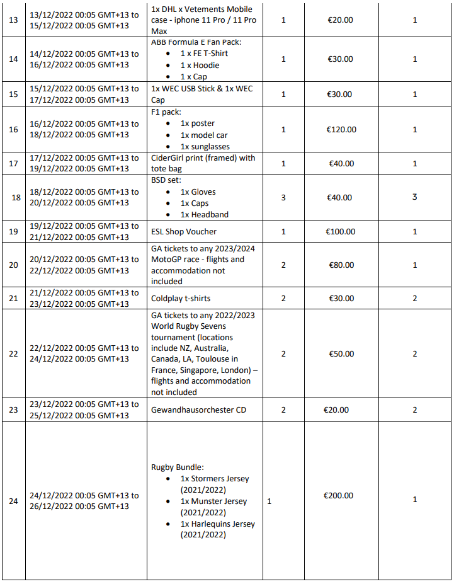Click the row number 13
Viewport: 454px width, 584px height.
tap(13, 20)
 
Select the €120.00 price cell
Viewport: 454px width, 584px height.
tap(341, 129)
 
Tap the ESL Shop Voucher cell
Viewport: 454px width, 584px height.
tap(184, 232)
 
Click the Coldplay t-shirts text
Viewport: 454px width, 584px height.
tap(183, 299)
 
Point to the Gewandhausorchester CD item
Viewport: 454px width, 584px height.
tap(198, 410)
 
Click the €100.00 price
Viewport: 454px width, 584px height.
tap(341, 232)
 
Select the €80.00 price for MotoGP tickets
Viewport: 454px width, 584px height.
tap(341, 265)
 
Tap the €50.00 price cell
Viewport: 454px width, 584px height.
tap(341, 354)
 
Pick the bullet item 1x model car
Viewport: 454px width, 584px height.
tap(204, 135)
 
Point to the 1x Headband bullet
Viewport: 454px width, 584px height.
tap(204, 214)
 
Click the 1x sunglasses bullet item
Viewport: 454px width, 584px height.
tap(205, 147)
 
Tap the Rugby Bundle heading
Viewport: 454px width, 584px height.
tap(178, 467)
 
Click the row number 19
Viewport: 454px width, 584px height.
tap(13, 231)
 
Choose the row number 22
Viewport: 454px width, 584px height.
tap(13, 354)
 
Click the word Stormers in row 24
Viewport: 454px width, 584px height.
tap(208, 479)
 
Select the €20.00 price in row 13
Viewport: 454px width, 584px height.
tap(341, 20)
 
